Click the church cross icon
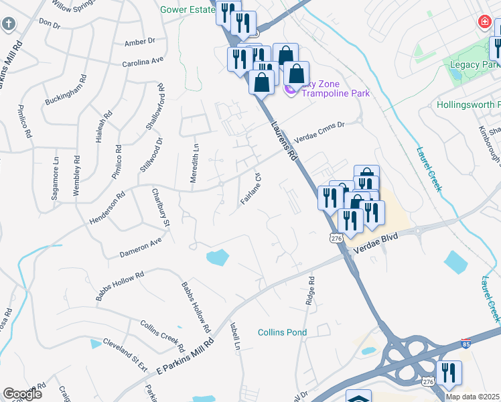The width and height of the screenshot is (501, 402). coord(8,25)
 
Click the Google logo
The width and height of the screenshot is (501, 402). coord(22,394)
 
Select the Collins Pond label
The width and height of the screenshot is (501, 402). coord(283,332)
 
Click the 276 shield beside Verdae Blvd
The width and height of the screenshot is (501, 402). coord(336,238)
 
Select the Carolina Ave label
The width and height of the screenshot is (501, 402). coord(143,60)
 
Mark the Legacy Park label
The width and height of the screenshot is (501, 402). coord(472,65)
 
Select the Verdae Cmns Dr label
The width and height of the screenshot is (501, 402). coord(319,128)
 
